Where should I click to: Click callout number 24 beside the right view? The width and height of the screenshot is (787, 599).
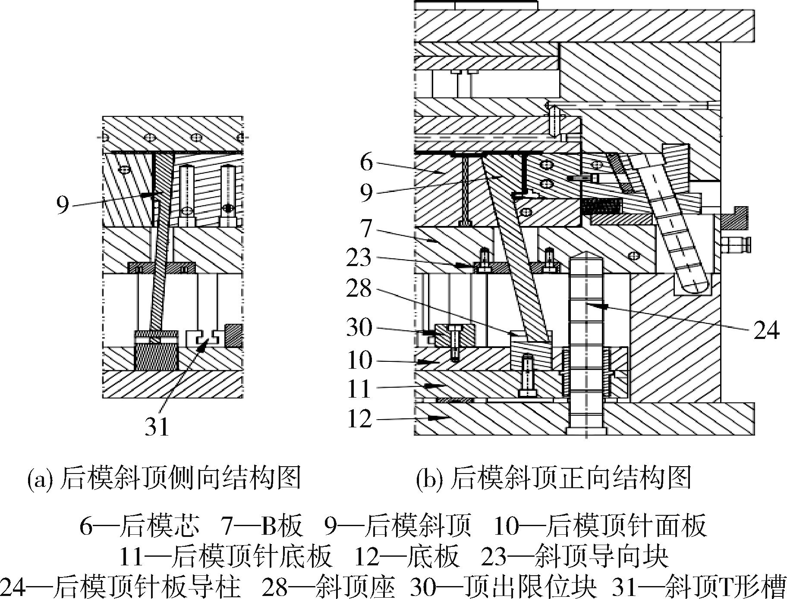click(766, 330)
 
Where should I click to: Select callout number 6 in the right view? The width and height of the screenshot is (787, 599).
click(366, 163)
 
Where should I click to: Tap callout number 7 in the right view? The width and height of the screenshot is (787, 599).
click(366, 229)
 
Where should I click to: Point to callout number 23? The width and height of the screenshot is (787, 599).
click(359, 257)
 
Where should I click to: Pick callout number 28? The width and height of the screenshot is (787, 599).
click(359, 288)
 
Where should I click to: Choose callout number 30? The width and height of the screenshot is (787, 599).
click(359, 327)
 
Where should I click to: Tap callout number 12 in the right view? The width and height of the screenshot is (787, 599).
click(359, 418)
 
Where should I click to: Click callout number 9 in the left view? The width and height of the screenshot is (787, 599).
click(63, 205)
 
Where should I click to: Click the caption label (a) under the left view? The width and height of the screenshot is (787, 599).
click(40, 479)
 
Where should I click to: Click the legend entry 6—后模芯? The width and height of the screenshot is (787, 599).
click(140, 525)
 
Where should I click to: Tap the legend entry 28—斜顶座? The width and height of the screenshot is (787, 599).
click(329, 587)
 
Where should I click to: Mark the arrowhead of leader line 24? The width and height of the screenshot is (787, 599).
click(592, 306)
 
